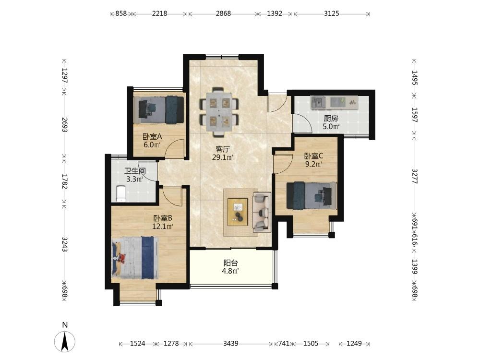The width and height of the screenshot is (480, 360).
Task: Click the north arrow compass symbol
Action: pos(65,341)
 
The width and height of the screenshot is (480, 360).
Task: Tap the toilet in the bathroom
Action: pos(121,193)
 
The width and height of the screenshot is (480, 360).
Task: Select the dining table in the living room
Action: pos(219,111)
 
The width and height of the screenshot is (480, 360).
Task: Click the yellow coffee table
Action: pos(238,212)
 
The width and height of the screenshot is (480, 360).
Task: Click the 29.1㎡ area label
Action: pos(223,157)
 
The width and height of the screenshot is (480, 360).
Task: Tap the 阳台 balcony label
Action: pos(230,263)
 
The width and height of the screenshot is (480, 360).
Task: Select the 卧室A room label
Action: pos(152,136)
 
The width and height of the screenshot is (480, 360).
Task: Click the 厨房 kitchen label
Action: pos(331,119)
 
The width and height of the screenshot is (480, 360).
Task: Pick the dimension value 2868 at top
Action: pos(224,13)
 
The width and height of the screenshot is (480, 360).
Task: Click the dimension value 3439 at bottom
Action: pos(231,344)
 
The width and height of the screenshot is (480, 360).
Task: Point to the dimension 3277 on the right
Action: pos(415,176)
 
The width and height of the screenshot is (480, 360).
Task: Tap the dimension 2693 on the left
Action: pos(65,125)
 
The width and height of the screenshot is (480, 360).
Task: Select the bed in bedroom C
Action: pos(312,196)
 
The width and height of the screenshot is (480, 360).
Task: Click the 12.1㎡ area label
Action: pos(163,227)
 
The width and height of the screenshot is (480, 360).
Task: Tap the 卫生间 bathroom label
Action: pos(135,171)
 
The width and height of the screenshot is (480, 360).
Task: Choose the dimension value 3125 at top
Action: pos(332,13)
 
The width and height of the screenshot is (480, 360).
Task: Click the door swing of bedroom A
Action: pos(175,148)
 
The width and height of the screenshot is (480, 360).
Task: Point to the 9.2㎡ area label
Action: pos(313,164)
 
